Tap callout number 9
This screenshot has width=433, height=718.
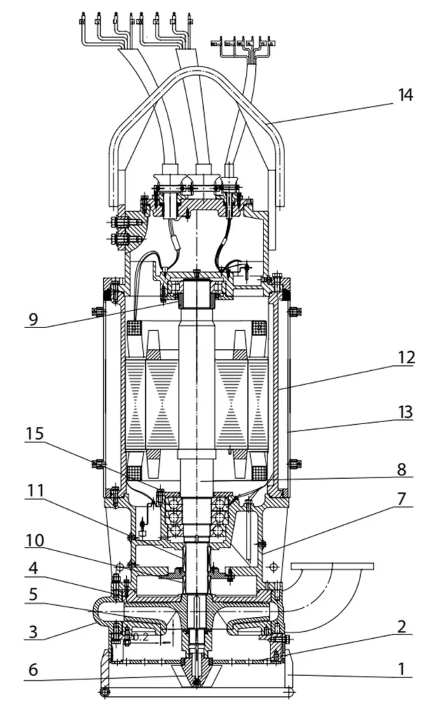(34, 319)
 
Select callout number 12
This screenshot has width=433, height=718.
(406, 358)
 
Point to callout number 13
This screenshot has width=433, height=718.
(406, 412)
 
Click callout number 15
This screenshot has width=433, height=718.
(34, 434)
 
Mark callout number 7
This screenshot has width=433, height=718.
(402, 499)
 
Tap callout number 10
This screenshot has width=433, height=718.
(34, 541)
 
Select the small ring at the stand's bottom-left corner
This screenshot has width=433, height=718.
(106, 693)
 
